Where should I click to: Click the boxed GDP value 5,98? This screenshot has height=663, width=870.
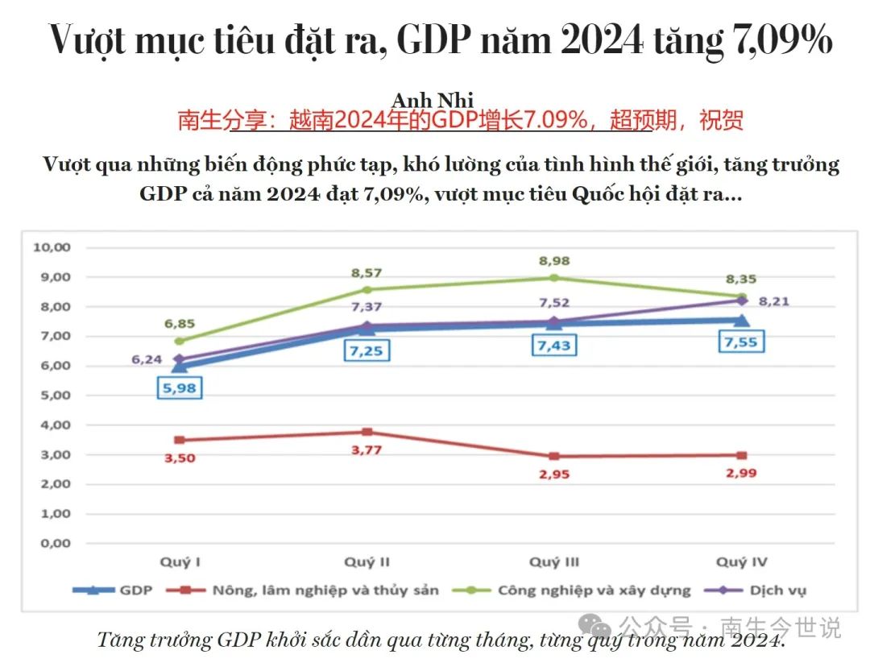tap(178, 387)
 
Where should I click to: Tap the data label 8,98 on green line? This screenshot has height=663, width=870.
tap(554, 261)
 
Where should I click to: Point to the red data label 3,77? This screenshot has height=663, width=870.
tap(367, 450)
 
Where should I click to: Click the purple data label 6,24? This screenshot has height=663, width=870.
tap(147, 359)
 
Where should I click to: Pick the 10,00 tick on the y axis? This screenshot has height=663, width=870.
tap(52, 247)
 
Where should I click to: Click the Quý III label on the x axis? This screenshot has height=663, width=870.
tap(554, 561)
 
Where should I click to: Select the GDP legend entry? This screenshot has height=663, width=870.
tap(113, 590)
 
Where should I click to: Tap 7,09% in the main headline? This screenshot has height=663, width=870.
tap(780, 40)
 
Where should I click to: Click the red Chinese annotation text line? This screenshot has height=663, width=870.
tap(460, 121)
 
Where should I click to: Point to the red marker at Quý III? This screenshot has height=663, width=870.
tap(554, 456)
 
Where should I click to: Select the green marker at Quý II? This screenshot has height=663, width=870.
tap(367, 289)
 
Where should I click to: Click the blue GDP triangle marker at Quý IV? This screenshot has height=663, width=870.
tap(740, 320)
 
